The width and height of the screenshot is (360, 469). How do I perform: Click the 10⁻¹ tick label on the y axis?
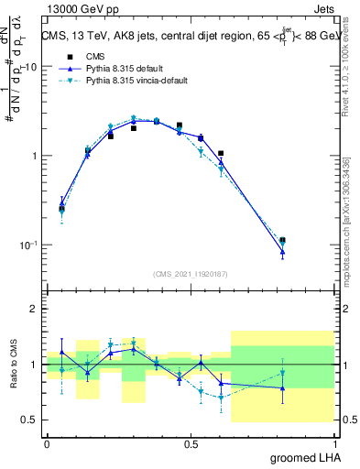tap(29, 245)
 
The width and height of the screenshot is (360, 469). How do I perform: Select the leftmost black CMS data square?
tap(61, 209)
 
